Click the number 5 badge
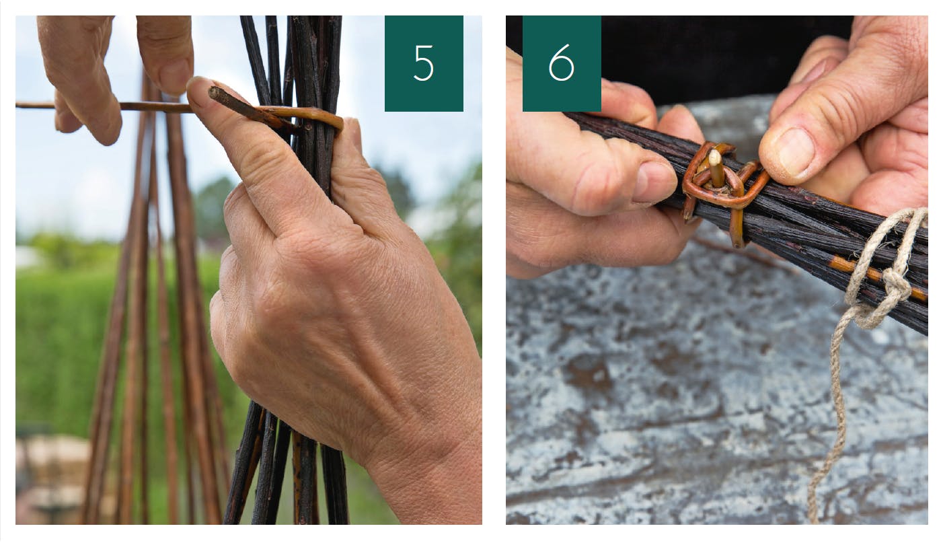click(424, 63)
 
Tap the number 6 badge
click(562, 63)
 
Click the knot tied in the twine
click(895, 286)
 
